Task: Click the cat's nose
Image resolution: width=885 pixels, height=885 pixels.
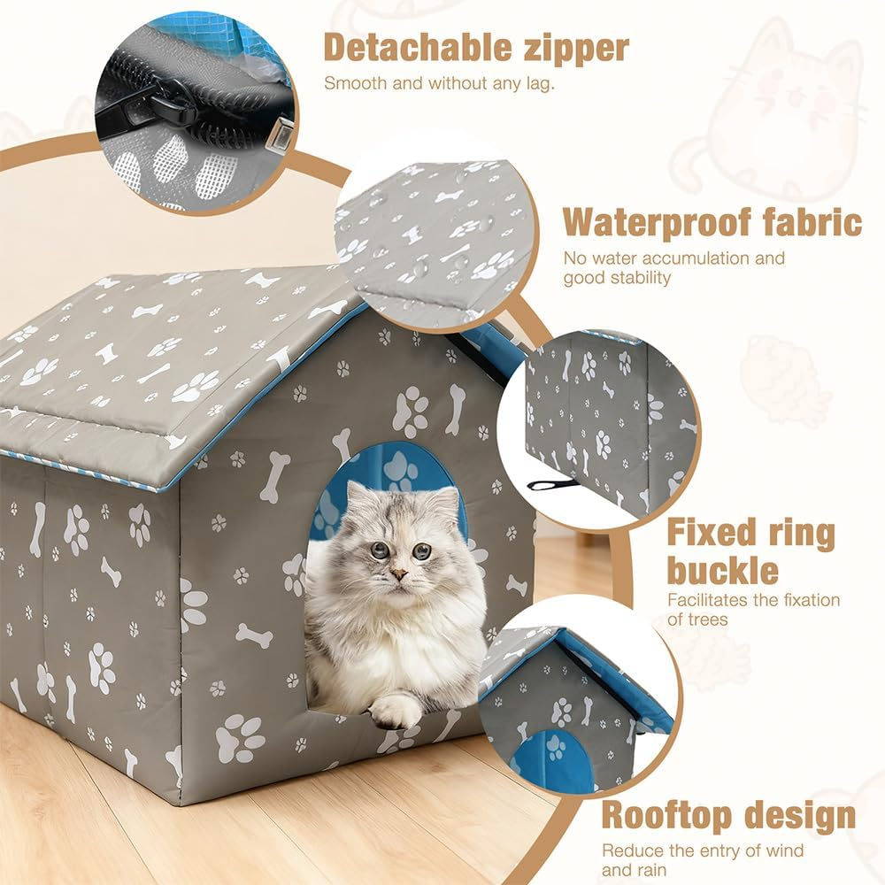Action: tap(399, 573)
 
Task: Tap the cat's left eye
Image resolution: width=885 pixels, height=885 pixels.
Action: tap(422, 550)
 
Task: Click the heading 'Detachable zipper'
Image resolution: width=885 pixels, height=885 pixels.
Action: tap(475, 48)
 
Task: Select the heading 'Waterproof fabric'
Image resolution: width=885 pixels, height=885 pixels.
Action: tap(712, 221)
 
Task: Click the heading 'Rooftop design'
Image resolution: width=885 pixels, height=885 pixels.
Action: tap(728, 815)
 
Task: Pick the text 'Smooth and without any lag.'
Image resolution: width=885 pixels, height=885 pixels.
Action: tap(439, 84)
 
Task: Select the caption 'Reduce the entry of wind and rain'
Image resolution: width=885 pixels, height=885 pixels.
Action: tap(703, 859)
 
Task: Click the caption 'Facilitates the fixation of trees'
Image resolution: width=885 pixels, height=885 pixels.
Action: tap(753, 609)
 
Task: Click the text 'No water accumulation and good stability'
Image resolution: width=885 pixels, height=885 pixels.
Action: tap(673, 267)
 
